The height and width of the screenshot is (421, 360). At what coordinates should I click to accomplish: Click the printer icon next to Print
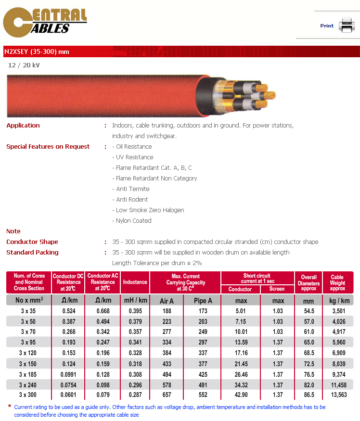(x=346, y=25)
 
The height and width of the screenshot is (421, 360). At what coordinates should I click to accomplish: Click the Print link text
(x=327, y=26)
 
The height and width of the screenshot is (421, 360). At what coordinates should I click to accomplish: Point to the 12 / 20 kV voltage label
(x=24, y=65)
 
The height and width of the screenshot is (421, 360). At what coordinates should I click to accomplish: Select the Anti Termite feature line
(x=132, y=189)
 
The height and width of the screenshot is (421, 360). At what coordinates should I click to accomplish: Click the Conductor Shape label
(x=32, y=242)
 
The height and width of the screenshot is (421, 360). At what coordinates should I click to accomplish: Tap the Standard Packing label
(x=32, y=253)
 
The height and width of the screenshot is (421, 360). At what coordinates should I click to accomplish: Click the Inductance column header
(x=135, y=282)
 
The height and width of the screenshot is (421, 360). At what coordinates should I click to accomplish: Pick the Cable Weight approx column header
(x=337, y=282)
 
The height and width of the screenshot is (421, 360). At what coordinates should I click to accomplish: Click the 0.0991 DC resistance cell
(x=69, y=374)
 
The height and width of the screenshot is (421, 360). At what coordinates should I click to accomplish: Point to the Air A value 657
(x=167, y=395)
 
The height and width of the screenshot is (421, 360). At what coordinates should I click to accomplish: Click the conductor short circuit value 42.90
(x=241, y=395)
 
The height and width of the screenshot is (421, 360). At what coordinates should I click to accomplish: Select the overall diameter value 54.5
(x=309, y=311)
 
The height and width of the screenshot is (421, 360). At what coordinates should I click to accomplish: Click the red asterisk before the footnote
(x=10, y=407)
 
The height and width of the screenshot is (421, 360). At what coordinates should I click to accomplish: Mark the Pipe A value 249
(x=203, y=332)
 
